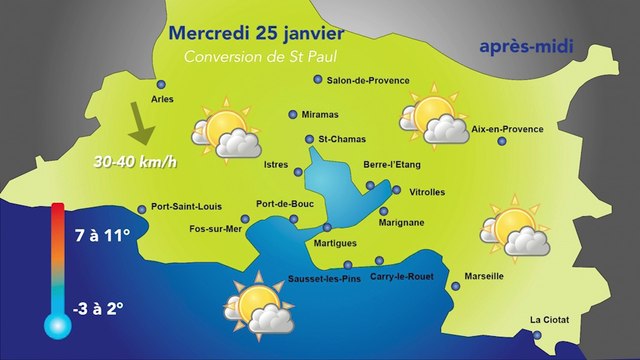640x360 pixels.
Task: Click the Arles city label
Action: click(161, 100)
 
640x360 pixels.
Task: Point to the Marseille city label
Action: click(484, 276)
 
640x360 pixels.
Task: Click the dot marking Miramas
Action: click(293, 114)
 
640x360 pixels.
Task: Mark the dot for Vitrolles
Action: click(397, 190)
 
